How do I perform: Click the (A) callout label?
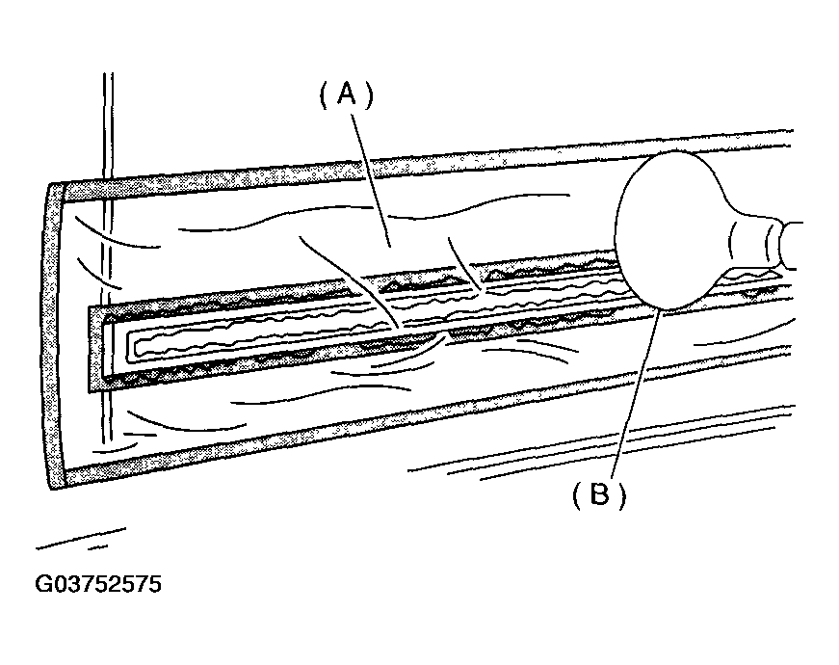346,95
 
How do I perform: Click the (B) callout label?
599,494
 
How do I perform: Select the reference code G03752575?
98,584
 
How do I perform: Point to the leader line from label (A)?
371,180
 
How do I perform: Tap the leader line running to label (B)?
637,393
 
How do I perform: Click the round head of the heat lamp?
669,230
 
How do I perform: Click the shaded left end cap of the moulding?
54,336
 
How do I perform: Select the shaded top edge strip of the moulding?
428,162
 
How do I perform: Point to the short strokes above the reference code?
81,539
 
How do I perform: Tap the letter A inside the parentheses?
347,95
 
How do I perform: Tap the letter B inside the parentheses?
599,494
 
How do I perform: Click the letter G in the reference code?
42,584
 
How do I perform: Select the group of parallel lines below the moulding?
599,439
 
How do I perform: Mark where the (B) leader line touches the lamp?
662,310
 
